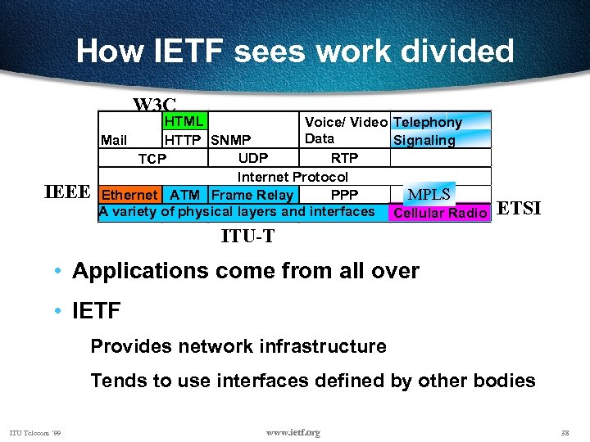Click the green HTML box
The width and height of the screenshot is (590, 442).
click(184, 122)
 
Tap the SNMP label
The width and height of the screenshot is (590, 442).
click(231, 140)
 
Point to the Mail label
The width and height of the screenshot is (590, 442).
click(113, 140)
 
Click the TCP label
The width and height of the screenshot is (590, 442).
click(152, 159)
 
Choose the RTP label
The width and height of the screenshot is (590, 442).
click(344, 158)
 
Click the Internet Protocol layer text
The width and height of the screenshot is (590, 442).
click(293, 177)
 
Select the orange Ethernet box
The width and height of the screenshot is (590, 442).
click(129, 195)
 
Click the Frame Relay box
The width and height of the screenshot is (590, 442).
click(252, 195)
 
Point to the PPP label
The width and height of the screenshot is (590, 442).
click(344, 195)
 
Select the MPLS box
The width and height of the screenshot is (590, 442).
click(429, 195)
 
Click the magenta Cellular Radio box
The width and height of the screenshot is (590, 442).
click(441, 214)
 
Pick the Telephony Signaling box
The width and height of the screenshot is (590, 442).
click(441, 131)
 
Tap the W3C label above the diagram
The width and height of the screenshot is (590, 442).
click(155, 105)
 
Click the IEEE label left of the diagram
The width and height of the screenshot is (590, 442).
click(66, 193)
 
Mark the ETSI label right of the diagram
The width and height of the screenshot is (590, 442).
click(520, 208)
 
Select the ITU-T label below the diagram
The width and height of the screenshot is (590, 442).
click(247, 237)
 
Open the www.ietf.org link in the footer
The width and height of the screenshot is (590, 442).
click(293, 431)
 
